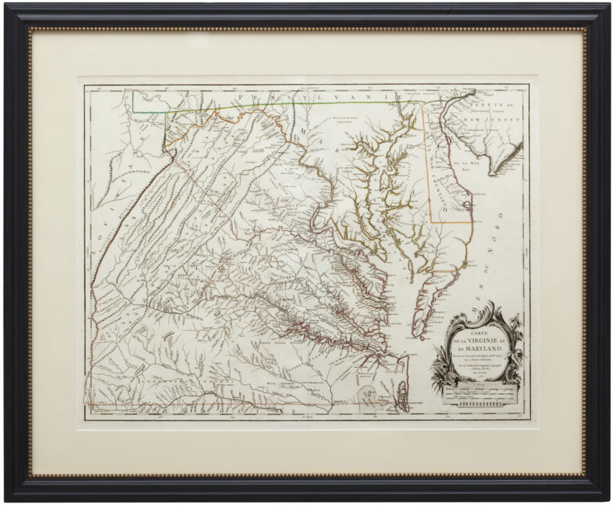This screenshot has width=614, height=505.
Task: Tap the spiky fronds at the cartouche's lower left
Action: (437, 376)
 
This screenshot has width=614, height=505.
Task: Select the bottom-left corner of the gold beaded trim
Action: (30, 475)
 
